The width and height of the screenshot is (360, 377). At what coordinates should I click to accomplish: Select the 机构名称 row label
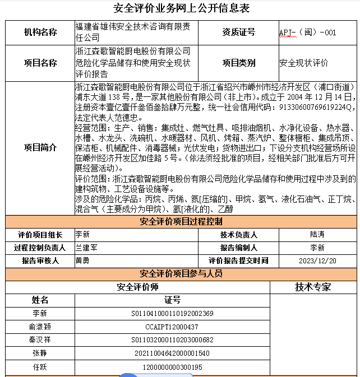coord(40,32)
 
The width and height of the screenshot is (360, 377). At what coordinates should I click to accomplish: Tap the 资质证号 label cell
coord(238,32)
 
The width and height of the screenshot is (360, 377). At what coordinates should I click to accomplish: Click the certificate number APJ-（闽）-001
coord(307,32)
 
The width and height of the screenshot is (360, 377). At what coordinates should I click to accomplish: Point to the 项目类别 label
coord(238,63)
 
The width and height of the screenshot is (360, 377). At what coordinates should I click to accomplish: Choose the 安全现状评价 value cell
coord(304,63)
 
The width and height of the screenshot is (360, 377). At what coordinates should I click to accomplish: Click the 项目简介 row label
coord(40,148)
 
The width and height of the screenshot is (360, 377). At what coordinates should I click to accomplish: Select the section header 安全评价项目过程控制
coord(181,222)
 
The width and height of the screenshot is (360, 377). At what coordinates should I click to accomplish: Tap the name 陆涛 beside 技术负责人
coord(317,235)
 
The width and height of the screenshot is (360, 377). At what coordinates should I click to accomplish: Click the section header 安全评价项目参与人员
coord(181,274)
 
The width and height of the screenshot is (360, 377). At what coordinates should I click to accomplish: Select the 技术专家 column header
coord(313,287)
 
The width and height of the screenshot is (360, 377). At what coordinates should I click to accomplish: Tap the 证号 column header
coord(172,300)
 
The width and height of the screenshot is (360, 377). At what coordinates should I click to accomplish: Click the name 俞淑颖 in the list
coord(40,327)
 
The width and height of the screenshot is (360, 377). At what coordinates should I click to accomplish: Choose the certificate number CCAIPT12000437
coord(172,327)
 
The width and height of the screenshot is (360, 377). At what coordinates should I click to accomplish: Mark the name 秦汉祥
coord(40,340)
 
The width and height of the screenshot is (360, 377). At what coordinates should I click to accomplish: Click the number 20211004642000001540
coord(172,353)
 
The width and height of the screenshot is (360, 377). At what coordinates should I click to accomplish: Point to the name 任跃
coord(40,367)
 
